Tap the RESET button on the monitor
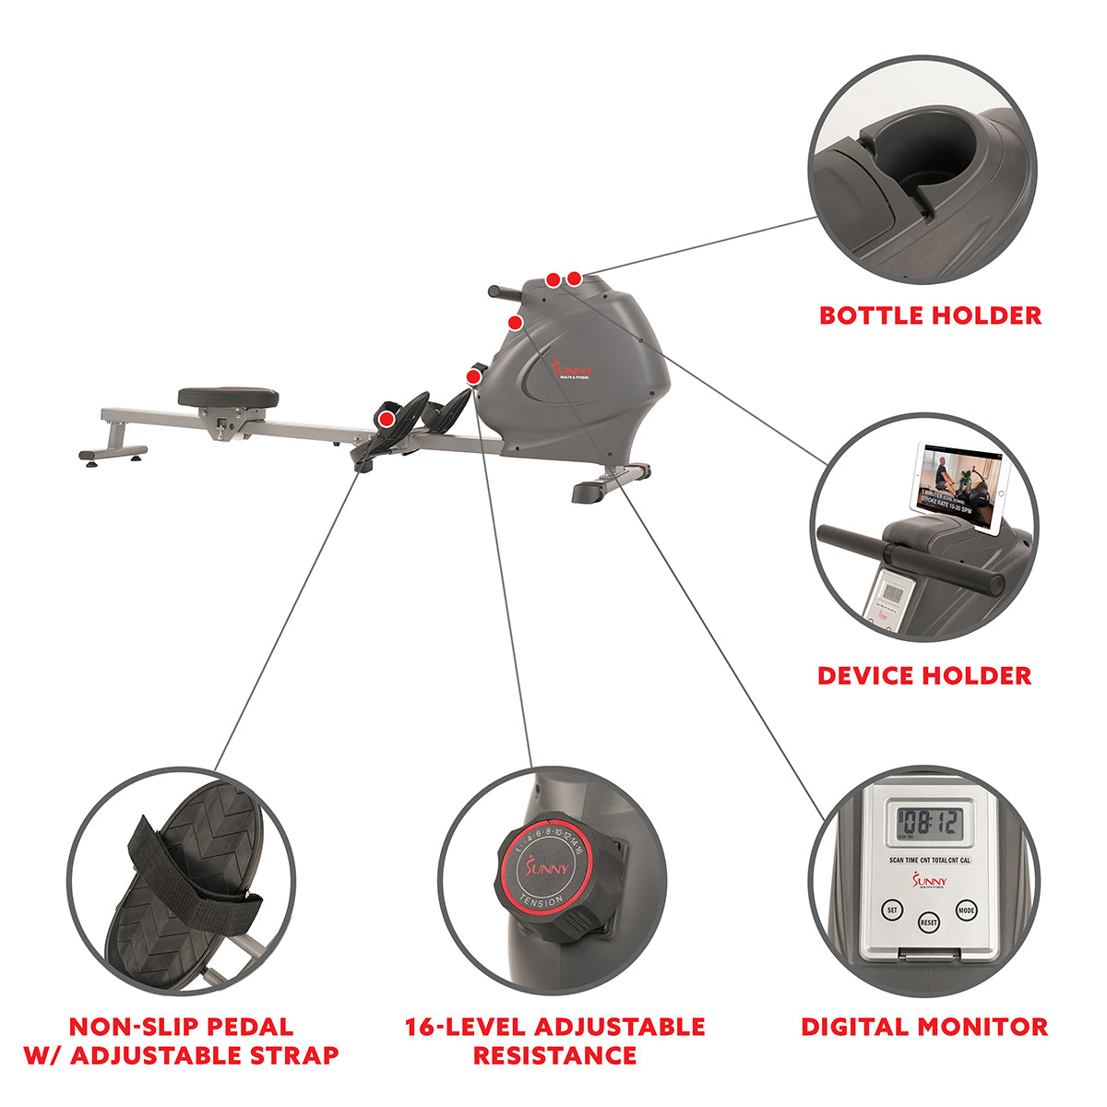coord(928,922)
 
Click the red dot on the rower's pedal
coord(387,419)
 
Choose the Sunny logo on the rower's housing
coord(572,371)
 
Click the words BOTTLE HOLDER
coord(930,315)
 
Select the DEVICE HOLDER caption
coord(924,675)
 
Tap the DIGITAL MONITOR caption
coord(924,1027)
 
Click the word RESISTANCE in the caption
coord(554,1055)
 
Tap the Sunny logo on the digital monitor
coord(928,882)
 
